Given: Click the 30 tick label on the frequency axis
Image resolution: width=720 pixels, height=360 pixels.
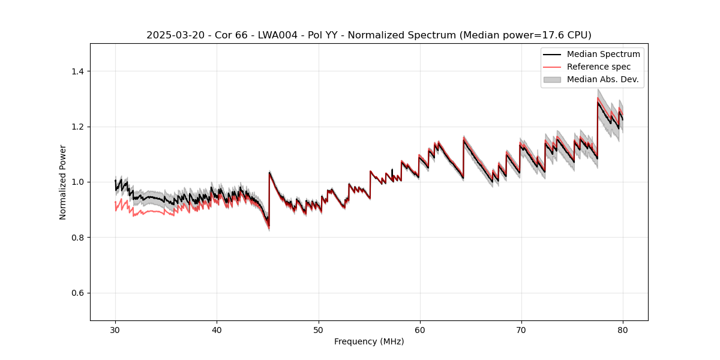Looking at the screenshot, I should [115, 330].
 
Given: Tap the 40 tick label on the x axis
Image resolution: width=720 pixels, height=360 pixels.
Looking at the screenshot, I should [217, 330].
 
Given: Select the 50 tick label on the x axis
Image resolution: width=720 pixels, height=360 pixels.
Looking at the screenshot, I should [318, 330].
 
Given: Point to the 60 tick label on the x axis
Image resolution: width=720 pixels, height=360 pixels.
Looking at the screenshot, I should [419, 330].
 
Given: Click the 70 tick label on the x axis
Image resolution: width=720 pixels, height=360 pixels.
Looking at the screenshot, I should [521, 330].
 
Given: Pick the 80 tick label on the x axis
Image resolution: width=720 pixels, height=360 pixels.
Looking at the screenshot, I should [622, 330].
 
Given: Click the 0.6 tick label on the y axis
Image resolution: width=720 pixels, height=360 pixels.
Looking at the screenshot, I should [77, 293].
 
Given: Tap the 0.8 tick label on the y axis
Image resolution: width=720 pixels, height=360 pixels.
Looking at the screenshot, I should [77, 238].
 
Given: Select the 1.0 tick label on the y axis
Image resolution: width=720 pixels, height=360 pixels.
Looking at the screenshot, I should [77, 182].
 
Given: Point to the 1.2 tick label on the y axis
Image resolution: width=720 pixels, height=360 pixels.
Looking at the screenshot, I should [77, 127].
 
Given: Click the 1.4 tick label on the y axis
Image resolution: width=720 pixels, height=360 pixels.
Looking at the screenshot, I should [77, 71].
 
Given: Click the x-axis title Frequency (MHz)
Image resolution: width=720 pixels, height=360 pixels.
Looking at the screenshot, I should [369, 342].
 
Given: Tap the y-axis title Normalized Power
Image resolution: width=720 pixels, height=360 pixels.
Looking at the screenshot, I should [63, 182].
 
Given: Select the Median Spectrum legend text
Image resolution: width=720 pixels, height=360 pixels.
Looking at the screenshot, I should [603, 54].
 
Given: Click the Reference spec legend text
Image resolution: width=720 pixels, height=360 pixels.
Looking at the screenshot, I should [599, 67].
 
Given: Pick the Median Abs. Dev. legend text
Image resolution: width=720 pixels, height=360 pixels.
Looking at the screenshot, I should [602, 79].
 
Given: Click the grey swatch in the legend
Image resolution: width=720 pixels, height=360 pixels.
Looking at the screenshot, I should [552, 79].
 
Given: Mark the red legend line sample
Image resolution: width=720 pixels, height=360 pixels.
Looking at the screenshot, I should [552, 67].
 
